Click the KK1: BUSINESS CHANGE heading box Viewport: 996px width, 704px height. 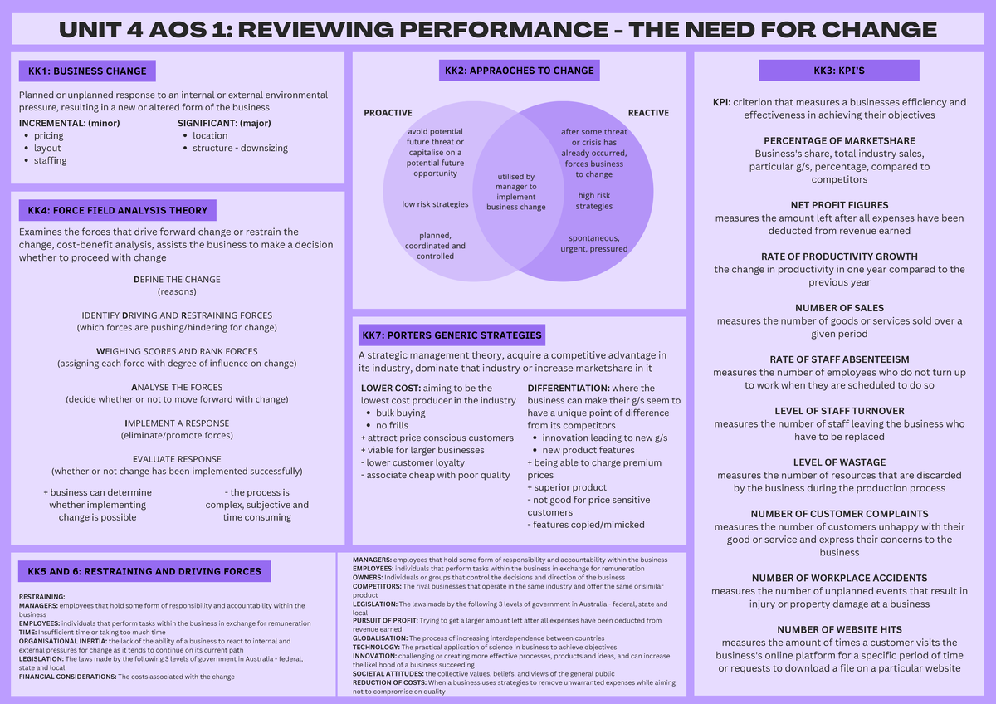pyautogui.click(x=87, y=71)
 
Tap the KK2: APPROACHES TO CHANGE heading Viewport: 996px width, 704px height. pyautogui.click(x=519, y=71)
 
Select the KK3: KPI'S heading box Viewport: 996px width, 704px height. pyautogui.click(x=839, y=71)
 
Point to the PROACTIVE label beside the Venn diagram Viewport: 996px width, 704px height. pyautogui.click(x=388, y=113)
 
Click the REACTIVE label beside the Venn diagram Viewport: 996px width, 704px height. pyautogui.click(x=648, y=113)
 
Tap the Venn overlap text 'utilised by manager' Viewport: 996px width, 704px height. pyautogui.click(x=515, y=182)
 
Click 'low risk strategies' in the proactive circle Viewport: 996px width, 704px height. pyautogui.click(x=435, y=204)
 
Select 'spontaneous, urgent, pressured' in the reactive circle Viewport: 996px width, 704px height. pyautogui.click(x=594, y=243)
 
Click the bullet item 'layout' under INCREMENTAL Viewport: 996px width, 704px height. pyautogui.click(x=47, y=148)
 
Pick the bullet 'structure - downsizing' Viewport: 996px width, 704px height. pyautogui.click(x=240, y=148)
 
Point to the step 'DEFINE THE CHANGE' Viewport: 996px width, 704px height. pyautogui.click(x=177, y=280)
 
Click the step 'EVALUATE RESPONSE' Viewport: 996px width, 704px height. pyautogui.click(x=177, y=459)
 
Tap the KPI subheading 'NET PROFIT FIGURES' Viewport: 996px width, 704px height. pyautogui.click(x=839, y=205)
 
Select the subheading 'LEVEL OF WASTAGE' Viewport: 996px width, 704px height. pyautogui.click(x=839, y=462)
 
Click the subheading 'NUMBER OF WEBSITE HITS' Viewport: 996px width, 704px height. pyautogui.click(x=839, y=630)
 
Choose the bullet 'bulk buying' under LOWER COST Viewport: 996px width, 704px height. pyautogui.click(x=400, y=413)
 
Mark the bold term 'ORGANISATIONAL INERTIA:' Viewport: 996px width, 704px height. pyautogui.click(x=63, y=641)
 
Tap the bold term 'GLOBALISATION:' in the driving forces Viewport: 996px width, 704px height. pyautogui.click(x=380, y=638)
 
